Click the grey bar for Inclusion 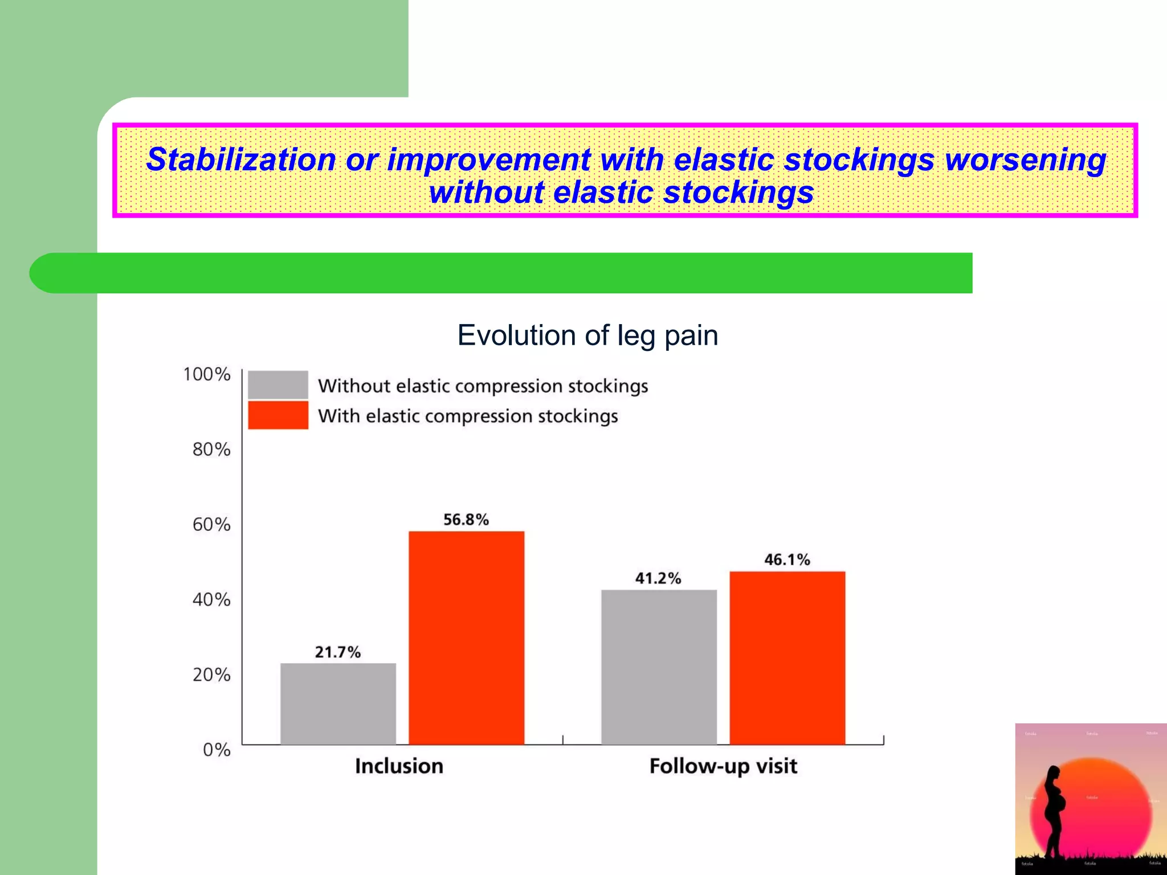338,704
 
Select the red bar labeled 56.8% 466,637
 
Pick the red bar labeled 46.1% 787,657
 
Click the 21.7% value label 338,652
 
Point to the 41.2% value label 658,578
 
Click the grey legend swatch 278,385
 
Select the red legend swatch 278,415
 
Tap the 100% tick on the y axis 206,374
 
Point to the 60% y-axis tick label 211,524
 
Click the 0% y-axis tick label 217,750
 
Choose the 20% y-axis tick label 211,674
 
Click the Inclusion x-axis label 399,766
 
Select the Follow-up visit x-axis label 723,766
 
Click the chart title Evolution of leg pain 587,335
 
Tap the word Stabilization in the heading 241,159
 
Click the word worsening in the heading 1025,159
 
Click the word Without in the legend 353,386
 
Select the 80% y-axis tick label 211,449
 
